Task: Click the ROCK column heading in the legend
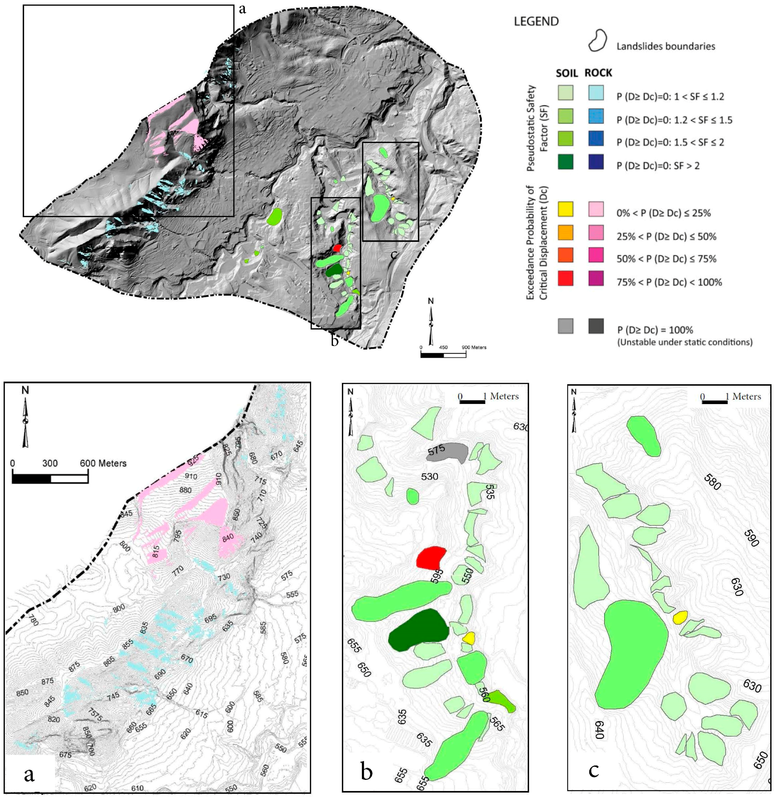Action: click(598, 73)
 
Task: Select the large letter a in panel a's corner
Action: click(29, 774)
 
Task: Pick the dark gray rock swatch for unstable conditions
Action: click(596, 326)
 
